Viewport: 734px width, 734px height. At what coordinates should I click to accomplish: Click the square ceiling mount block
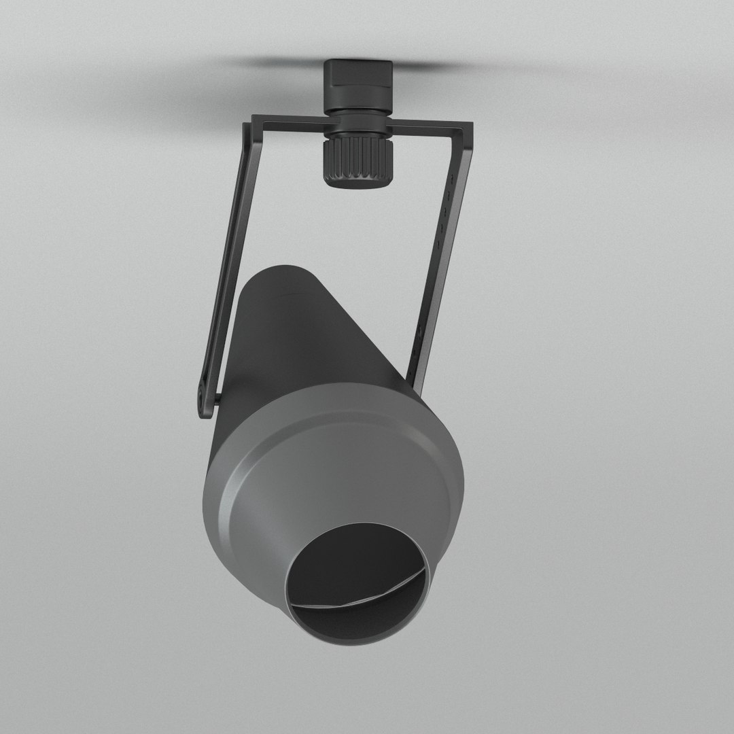357,85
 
